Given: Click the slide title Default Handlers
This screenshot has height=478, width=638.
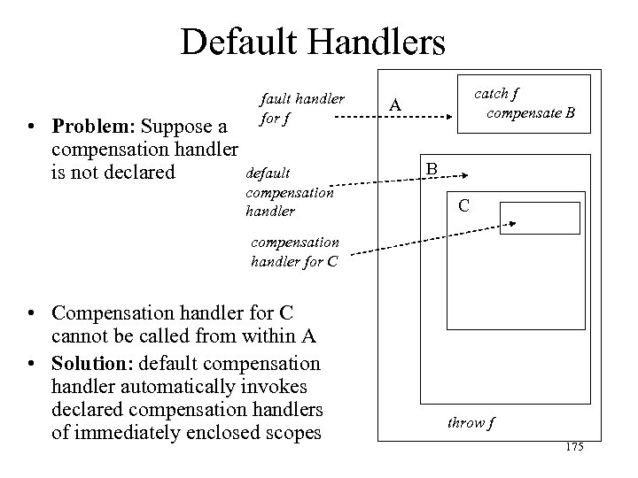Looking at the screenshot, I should (313, 41).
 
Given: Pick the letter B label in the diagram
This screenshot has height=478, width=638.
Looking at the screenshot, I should (432, 168).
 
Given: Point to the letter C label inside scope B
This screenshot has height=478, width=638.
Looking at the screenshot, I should (463, 207).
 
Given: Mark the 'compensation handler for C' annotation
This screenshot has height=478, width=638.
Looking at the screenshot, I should (295, 251).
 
